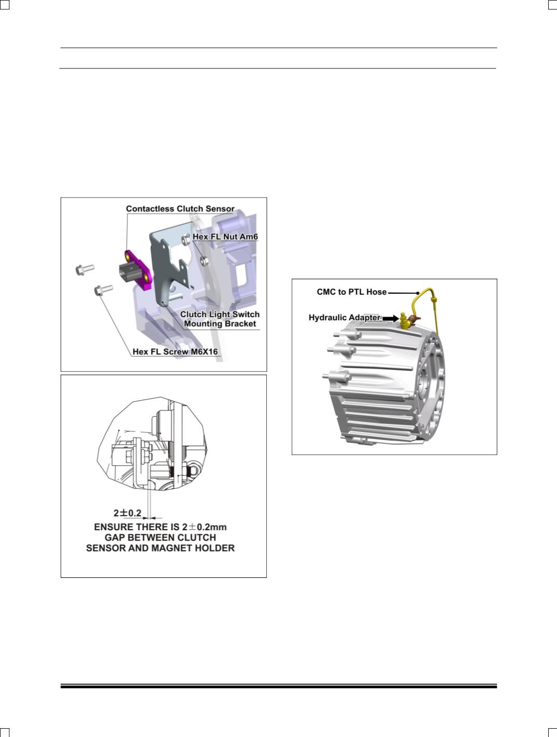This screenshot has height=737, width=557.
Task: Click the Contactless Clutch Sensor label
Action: point(180,208)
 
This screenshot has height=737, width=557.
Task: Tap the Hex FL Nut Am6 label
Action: point(225,236)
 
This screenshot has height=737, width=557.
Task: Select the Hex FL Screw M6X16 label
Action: point(175,351)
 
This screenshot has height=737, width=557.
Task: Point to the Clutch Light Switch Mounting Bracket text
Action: point(220,319)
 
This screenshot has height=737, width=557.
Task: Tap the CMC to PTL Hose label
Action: point(352,292)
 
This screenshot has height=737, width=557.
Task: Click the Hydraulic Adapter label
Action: point(345,317)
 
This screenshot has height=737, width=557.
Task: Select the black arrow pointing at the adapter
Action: point(390,318)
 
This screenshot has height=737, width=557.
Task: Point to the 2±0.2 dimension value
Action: point(127,513)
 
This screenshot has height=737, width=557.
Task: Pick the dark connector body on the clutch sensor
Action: point(128,273)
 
